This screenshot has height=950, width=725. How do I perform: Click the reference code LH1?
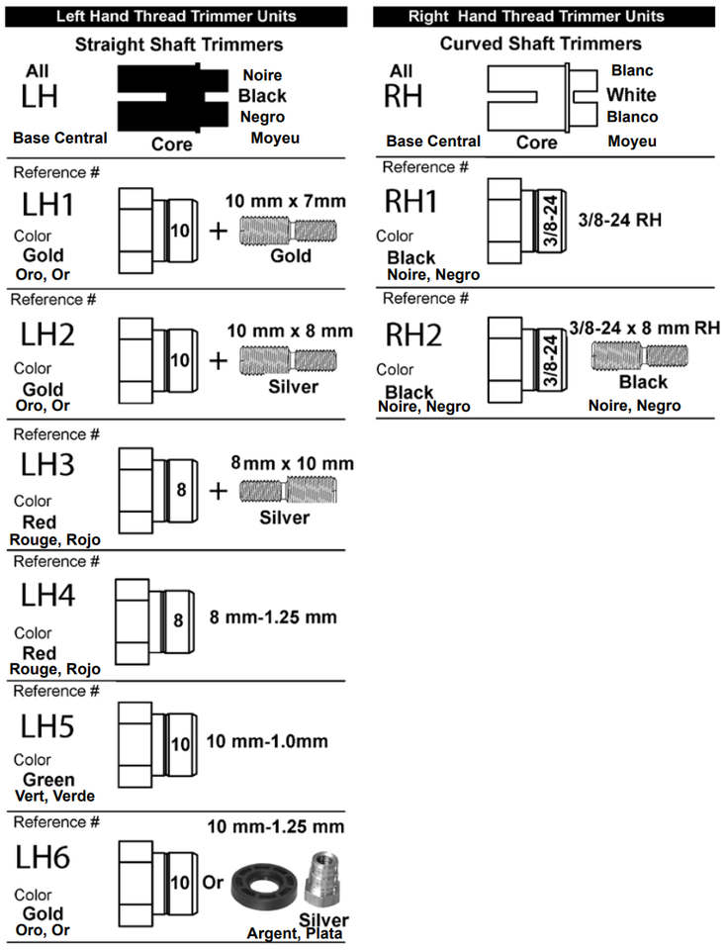tap(47, 205)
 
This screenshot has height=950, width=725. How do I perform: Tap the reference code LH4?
tap(47, 595)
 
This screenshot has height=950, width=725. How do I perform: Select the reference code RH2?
tap(413, 335)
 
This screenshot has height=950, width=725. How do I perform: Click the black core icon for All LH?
tap(173, 98)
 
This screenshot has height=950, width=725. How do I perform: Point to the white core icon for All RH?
tap(542, 98)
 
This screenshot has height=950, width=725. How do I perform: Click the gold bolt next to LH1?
tap(288, 231)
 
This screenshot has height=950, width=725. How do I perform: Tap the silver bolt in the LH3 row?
tap(288, 490)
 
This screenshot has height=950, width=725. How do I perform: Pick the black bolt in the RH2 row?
tap(640, 355)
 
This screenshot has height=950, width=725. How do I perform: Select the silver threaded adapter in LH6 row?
tap(321, 877)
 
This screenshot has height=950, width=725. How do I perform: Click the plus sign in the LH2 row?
tap(218, 361)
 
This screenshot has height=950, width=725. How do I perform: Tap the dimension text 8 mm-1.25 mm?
tap(273, 617)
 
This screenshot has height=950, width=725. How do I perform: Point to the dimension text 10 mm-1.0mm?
tap(267, 741)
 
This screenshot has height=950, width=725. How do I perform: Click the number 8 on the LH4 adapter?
tap(178, 620)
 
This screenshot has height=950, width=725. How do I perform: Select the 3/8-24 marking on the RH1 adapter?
tap(551, 221)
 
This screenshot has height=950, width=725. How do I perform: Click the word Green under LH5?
tap(48, 779)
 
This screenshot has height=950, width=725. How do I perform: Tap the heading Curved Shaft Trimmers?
tap(540, 44)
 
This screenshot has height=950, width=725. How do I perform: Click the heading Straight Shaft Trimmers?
tap(179, 45)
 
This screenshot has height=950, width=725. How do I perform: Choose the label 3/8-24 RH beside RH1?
tap(619, 220)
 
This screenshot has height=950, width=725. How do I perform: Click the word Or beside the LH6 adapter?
tap(213, 882)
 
